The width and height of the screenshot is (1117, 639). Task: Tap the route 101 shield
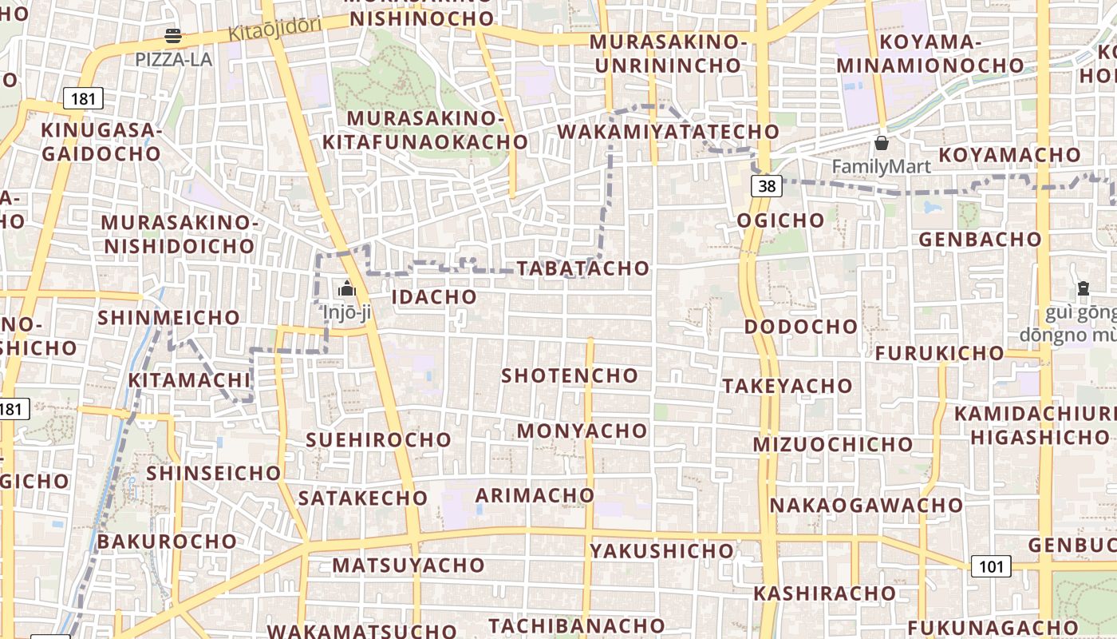point(991,566)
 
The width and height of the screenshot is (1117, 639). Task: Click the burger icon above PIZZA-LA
point(173,36)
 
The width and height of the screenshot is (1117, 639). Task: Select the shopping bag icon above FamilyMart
point(882,144)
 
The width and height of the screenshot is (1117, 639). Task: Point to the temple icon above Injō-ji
point(347,288)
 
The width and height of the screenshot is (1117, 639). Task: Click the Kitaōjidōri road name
point(274,30)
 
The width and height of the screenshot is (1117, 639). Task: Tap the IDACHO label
point(435,297)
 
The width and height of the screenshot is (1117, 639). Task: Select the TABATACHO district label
point(583,268)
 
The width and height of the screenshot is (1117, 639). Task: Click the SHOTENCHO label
point(570,375)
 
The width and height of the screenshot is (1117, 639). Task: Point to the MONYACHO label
point(582,431)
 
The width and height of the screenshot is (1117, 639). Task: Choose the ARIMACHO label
point(535,495)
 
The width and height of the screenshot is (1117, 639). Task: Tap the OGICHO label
point(780,220)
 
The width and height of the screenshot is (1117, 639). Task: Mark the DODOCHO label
point(801,327)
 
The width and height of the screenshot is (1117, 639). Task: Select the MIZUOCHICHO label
point(833,444)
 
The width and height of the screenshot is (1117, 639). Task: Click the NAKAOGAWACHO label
point(866,506)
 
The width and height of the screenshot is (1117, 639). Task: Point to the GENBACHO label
point(980,240)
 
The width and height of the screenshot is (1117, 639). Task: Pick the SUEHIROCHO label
point(379,440)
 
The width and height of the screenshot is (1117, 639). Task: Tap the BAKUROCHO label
point(168,542)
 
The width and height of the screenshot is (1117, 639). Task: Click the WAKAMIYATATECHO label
point(669,131)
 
